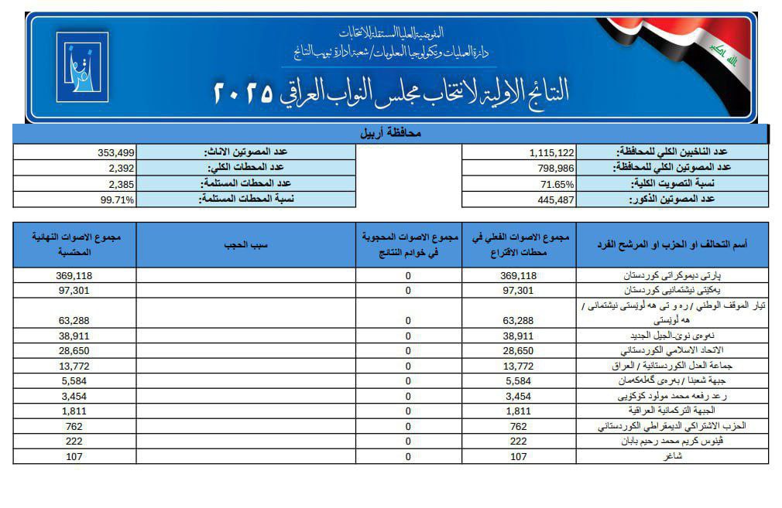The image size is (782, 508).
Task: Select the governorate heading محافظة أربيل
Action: [x=392, y=133]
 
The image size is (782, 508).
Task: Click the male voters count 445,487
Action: [x=553, y=199]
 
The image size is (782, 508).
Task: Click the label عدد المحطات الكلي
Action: [x=245, y=168]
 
